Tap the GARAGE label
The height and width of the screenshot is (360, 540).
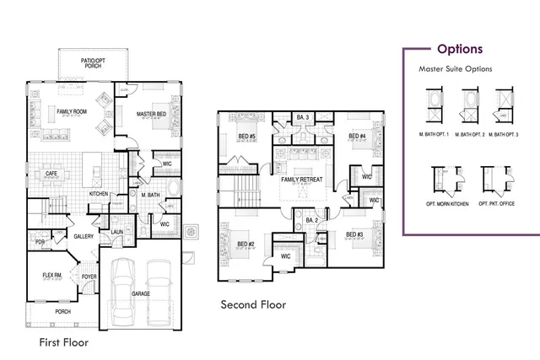[141, 293]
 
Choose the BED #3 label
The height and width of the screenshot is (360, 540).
[354, 234]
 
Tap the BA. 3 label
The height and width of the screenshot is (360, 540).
[303, 117]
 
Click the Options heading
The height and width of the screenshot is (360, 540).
[460, 49]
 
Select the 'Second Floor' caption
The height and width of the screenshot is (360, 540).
[253, 304]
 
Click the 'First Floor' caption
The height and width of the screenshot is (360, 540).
[64, 343]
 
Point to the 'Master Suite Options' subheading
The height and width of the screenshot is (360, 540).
[456, 69]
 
